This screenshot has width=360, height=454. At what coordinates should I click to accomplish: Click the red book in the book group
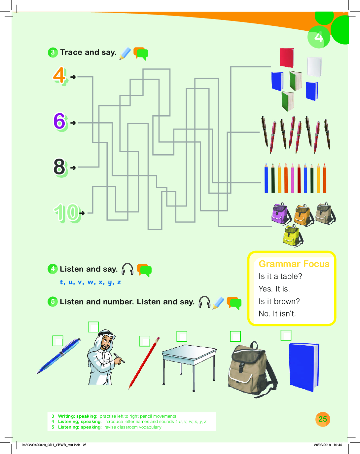(x=287, y=57)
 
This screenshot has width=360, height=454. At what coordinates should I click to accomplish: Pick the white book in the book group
(x=314, y=67)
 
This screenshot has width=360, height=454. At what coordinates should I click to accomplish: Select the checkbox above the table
(x=182, y=336)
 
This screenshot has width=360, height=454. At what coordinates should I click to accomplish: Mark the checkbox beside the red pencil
(x=145, y=341)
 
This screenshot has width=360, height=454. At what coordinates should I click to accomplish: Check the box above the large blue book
(x=286, y=335)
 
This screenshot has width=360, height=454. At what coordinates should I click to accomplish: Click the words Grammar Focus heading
(x=294, y=264)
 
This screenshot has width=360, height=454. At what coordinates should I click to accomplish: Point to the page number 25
(x=323, y=419)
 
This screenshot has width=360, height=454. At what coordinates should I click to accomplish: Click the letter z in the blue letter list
(x=119, y=283)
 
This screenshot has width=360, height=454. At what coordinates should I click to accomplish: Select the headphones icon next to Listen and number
(x=204, y=302)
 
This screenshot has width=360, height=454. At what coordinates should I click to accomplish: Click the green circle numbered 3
(x=53, y=52)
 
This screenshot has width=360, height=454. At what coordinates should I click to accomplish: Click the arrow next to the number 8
(x=73, y=168)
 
